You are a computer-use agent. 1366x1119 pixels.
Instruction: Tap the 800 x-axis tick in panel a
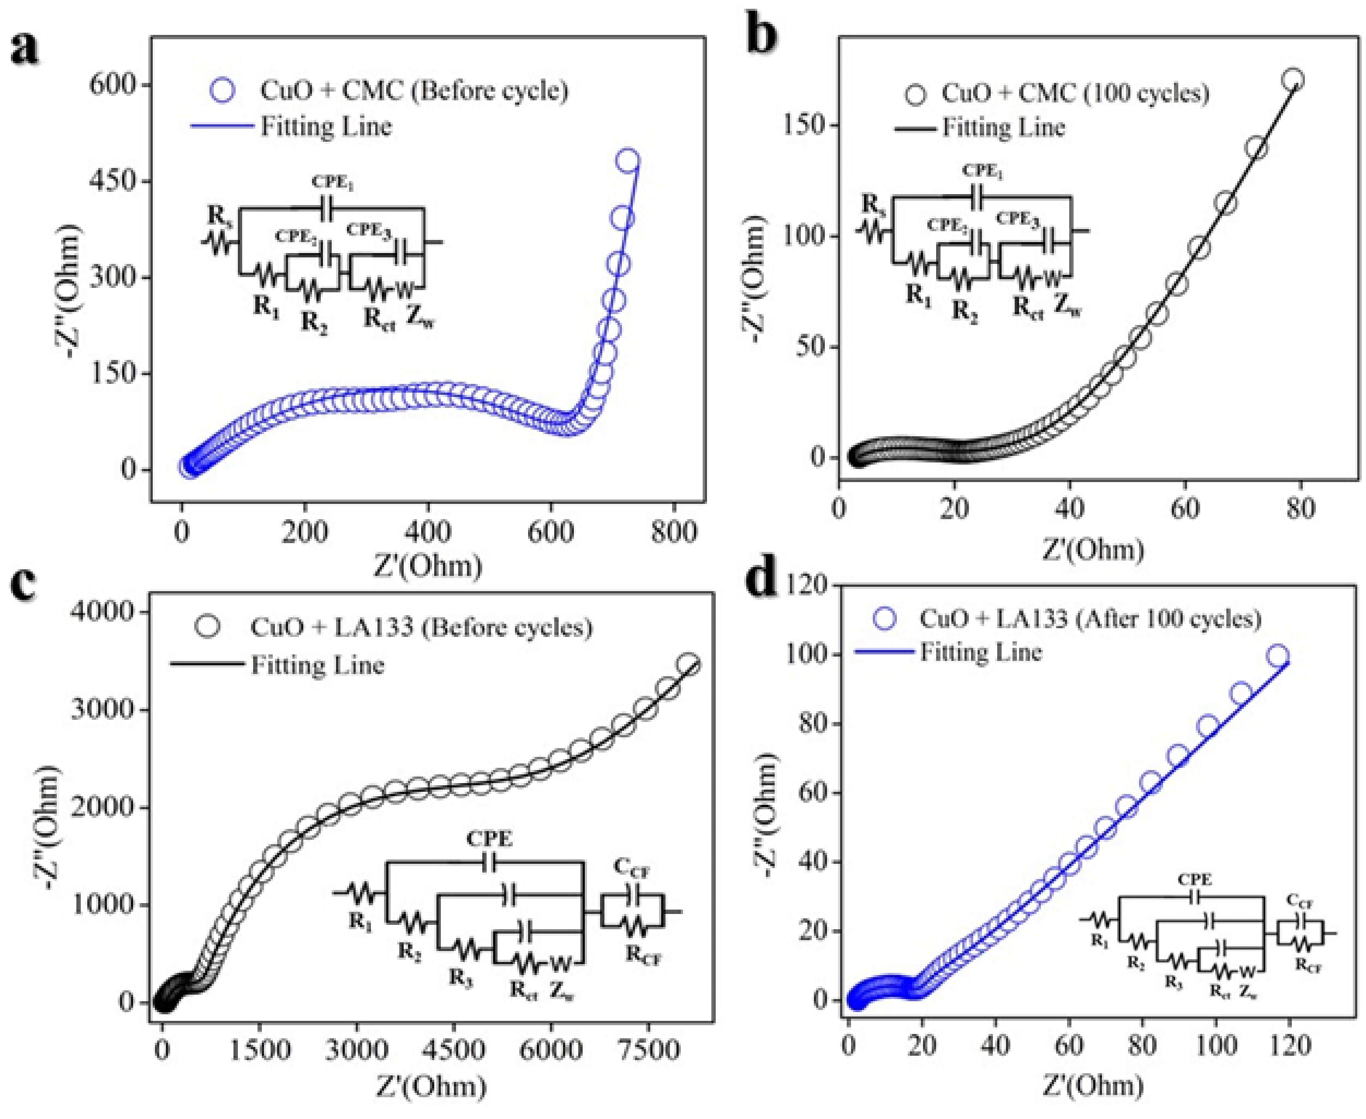click(673, 532)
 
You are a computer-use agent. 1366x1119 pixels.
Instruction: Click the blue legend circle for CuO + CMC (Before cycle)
click(223, 90)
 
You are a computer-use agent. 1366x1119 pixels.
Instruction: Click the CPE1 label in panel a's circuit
click(333, 183)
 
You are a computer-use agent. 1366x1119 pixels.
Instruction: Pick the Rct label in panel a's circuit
click(379, 319)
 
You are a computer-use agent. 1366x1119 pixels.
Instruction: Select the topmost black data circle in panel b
click(1292, 80)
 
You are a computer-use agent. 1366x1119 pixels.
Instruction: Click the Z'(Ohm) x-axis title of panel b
click(1093, 550)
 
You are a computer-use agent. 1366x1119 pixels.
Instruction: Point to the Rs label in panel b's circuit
click(874, 206)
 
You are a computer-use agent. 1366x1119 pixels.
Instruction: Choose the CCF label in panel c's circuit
click(632, 870)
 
